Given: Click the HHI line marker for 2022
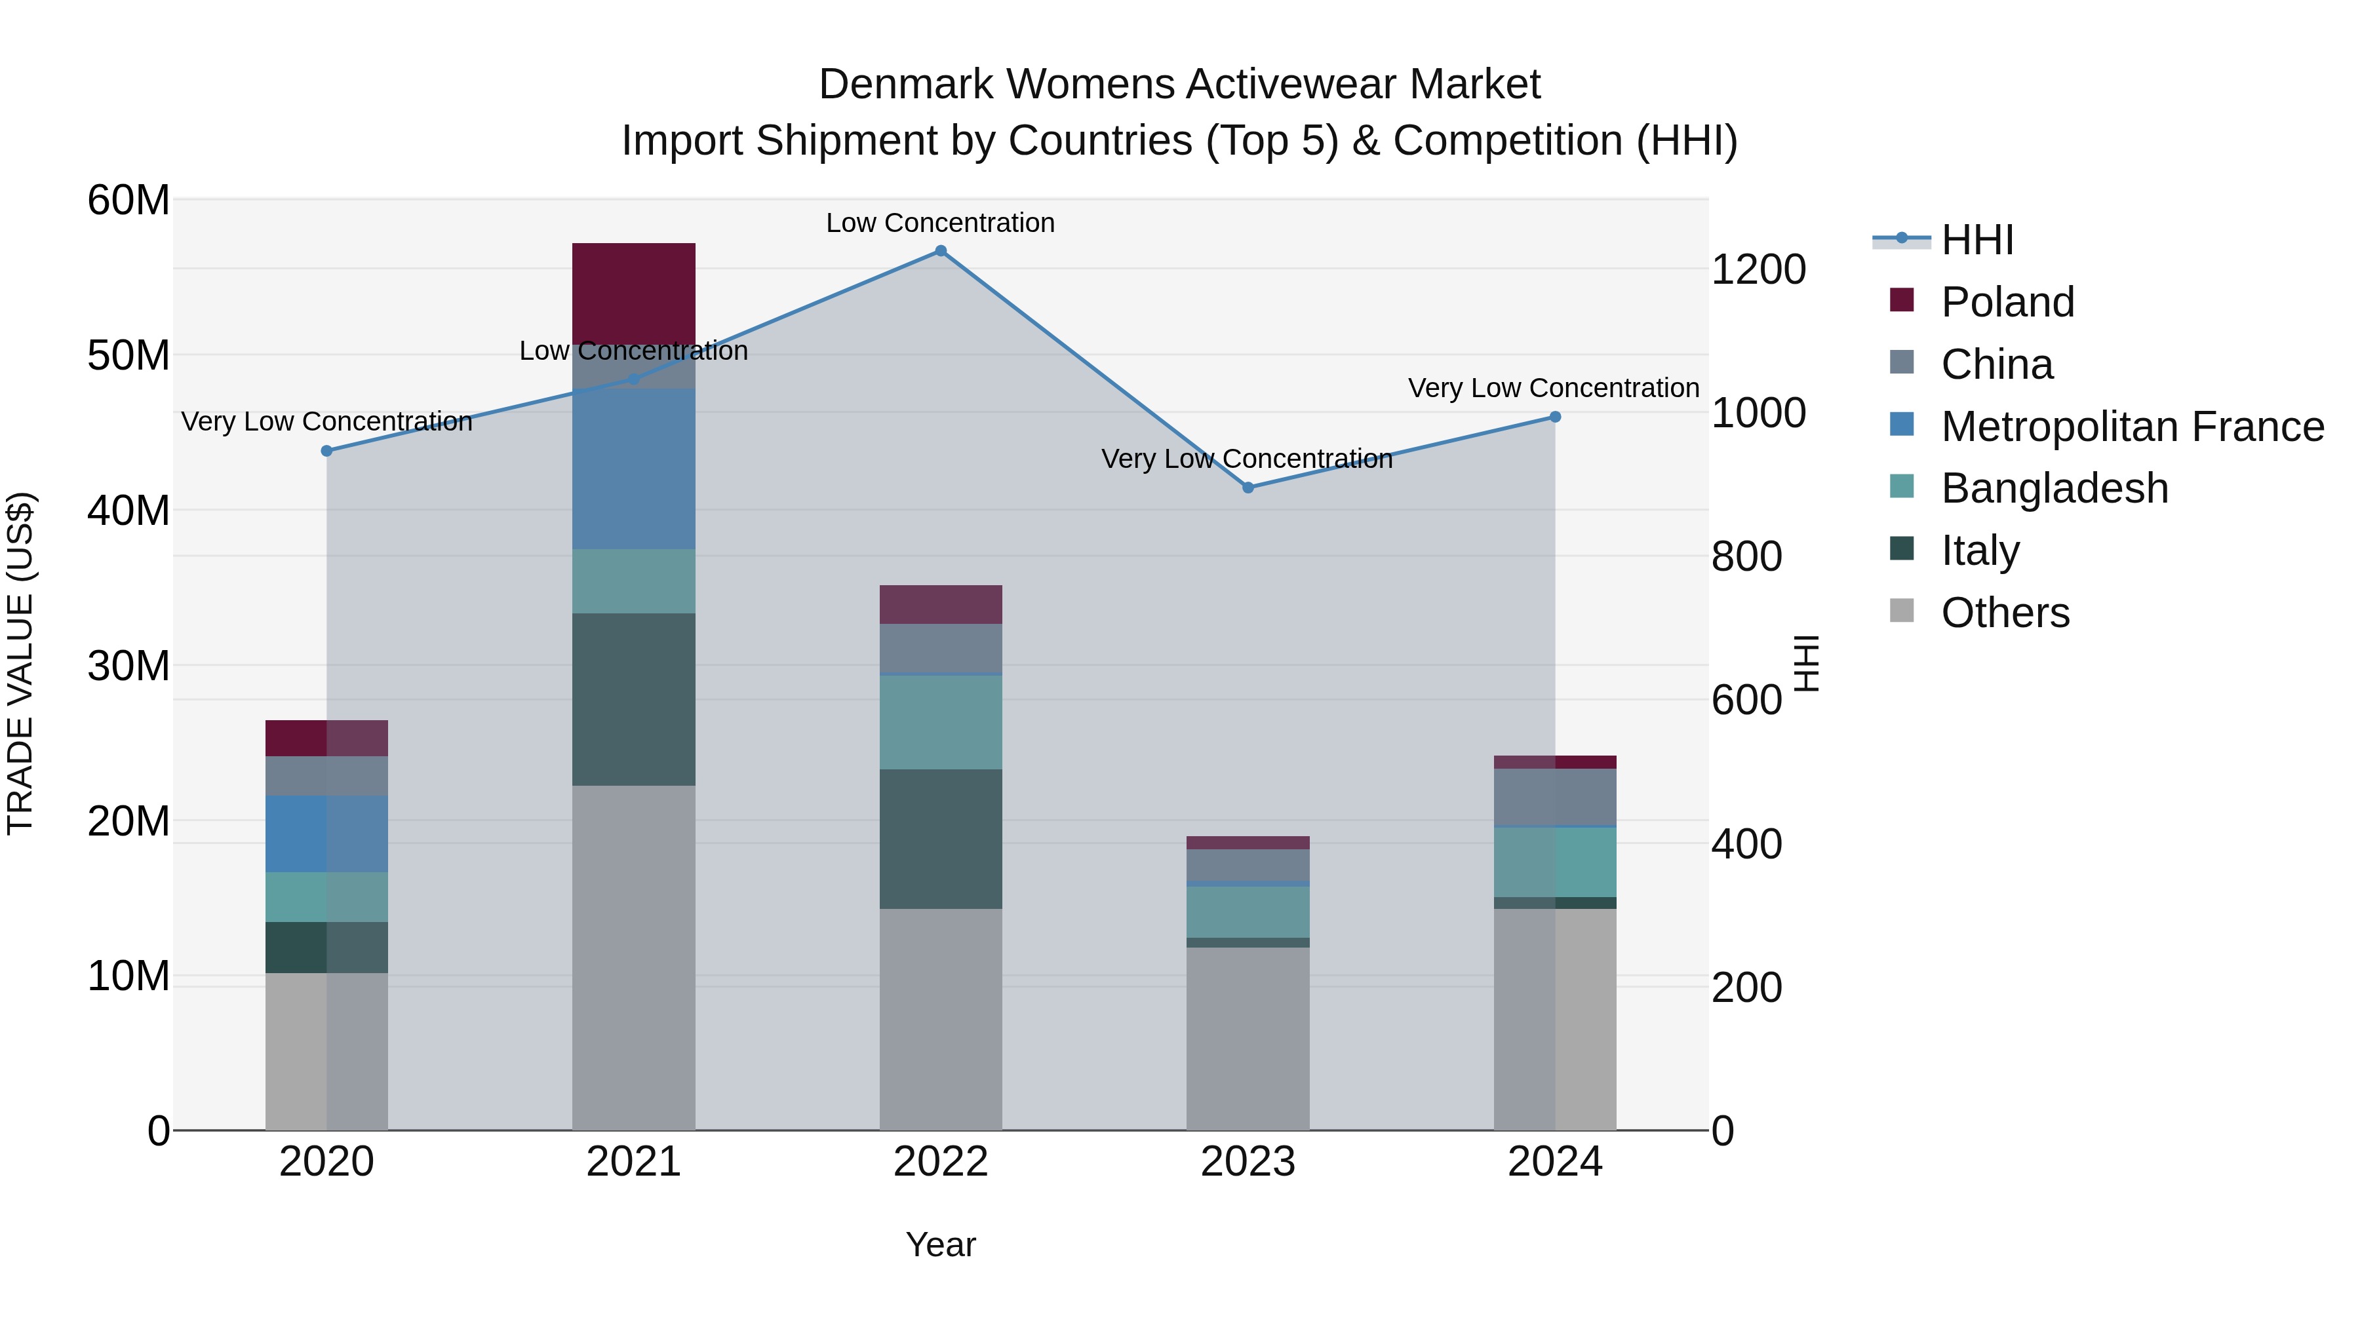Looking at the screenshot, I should pos(940,251).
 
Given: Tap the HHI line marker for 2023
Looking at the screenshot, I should pos(1248,487).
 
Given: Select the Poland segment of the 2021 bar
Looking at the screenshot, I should pos(634,293).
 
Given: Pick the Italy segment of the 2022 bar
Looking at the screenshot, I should pos(940,839).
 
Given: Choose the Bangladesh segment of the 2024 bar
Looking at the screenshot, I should pos(1555,862).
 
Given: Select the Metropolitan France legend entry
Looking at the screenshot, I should pos(2131,427).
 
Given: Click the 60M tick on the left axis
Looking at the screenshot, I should pos(128,200).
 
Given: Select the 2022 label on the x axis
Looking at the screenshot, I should pos(940,1162).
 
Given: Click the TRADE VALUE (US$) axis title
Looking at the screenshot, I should pos(20,663).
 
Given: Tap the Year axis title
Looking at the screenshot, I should pos(940,1244).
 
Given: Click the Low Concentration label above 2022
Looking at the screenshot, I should pos(940,223).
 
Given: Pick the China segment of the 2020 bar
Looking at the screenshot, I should pos(326,776).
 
